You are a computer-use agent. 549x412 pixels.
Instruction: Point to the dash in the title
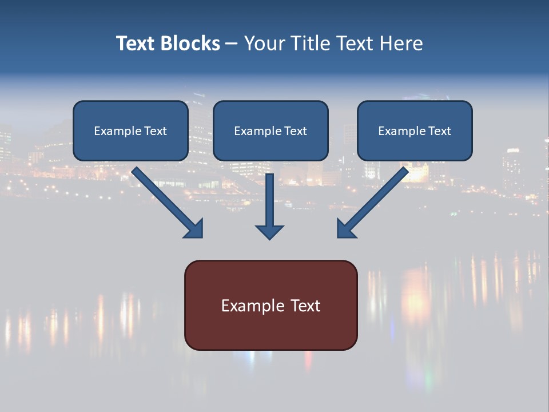[x=232, y=44]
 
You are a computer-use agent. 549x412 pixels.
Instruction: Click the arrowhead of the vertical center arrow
[x=270, y=231]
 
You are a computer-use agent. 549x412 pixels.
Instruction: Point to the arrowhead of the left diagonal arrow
[x=195, y=229]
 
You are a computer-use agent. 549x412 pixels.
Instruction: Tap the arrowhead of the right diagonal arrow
[x=345, y=229]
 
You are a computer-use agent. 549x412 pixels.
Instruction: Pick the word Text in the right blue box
[x=439, y=131]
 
